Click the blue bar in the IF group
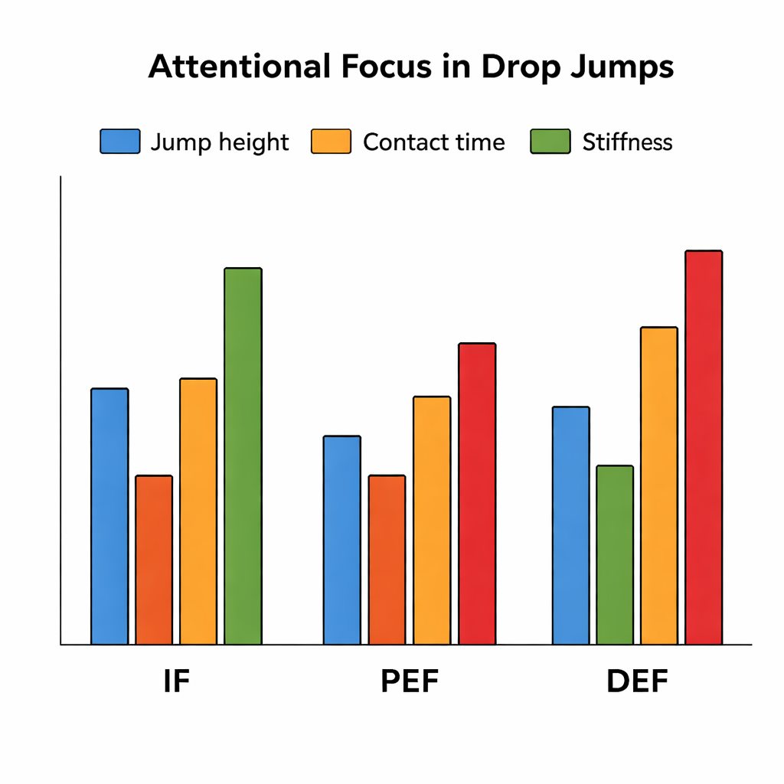pyautogui.click(x=109, y=517)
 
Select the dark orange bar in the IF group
pyautogui.click(x=154, y=560)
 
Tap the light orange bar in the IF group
pyautogui.click(x=198, y=511)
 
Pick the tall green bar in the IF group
pyautogui.click(x=243, y=456)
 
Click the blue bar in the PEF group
pyautogui.click(x=341, y=541)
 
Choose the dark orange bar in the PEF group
pyautogui.click(x=387, y=560)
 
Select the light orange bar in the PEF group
pyautogui.click(x=432, y=521)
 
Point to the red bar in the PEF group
pyautogui.click(x=477, y=494)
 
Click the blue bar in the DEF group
pyautogui.click(x=571, y=526)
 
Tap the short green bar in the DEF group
pyautogui.click(x=615, y=555)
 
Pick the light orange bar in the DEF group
pyautogui.click(x=659, y=486)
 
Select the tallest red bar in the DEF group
pyautogui.click(x=704, y=448)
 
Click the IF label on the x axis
pyautogui.click(x=176, y=681)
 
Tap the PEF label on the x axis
pyautogui.click(x=410, y=681)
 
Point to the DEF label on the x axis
pyautogui.click(x=637, y=681)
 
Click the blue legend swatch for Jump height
pyautogui.click(x=120, y=142)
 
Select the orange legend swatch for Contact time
pyautogui.click(x=331, y=142)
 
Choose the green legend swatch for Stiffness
pyautogui.click(x=550, y=142)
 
